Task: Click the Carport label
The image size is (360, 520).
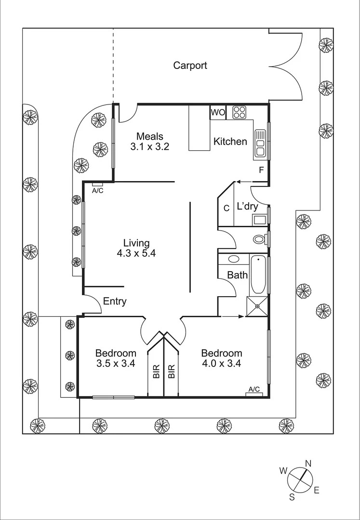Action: [x=190, y=65]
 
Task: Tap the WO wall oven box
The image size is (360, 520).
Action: [x=218, y=112]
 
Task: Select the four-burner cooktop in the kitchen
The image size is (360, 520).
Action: [x=240, y=112]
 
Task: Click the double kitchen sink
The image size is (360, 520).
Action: [x=260, y=143]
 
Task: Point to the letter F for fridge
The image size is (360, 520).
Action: [x=261, y=170]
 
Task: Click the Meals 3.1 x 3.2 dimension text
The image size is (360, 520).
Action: [x=149, y=147]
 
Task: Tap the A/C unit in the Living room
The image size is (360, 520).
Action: [x=97, y=184]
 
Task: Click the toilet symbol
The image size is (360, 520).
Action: [x=259, y=239]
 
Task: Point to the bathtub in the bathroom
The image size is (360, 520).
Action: [x=258, y=275]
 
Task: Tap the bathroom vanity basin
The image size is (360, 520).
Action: [x=234, y=259]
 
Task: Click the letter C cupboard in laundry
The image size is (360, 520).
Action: [x=226, y=208]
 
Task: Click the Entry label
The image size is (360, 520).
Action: [x=115, y=301]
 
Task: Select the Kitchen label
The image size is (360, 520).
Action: [x=230, y=142]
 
